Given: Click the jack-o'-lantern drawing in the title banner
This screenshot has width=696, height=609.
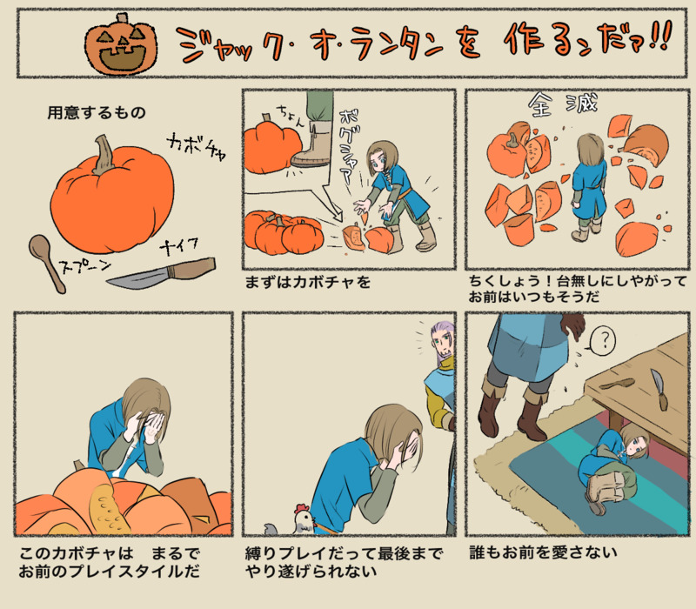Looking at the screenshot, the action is (x=121, y=44).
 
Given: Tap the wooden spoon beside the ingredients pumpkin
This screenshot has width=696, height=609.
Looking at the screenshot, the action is (x=46, y=263).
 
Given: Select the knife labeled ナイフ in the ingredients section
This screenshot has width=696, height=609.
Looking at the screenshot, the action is (x=162, y=272).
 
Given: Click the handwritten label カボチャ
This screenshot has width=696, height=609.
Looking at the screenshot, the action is (x=196, y=146).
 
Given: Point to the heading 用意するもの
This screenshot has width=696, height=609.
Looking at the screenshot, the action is (x=97, y=113).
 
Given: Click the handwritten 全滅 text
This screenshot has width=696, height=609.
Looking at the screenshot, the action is (x=562, y=104).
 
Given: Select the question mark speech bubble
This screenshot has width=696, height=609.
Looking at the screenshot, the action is (x=603, y=340).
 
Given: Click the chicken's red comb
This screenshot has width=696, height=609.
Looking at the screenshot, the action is (x=302, y=508).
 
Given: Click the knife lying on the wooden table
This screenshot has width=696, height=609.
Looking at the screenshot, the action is (x=659, y=389).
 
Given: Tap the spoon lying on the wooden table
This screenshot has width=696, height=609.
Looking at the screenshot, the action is (x=617, y=384).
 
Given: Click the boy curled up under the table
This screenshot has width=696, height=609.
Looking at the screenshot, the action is (x=612, y=467).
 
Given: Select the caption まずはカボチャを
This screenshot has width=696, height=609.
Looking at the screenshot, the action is (x=308, y=282).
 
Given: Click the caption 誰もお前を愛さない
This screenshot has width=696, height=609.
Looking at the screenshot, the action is (x=543, y=552).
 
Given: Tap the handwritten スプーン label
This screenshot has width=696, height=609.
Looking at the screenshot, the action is (x=85, y=265).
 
